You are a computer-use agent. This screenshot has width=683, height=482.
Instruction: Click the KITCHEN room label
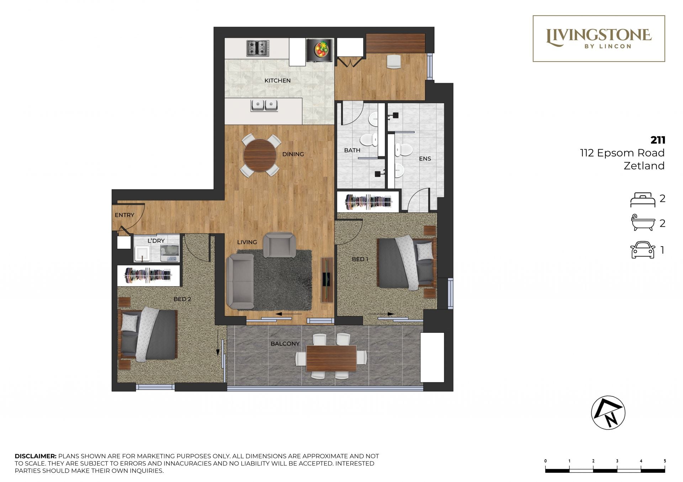tap(277, 81)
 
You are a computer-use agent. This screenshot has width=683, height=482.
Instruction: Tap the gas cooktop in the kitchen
tap(258, 48)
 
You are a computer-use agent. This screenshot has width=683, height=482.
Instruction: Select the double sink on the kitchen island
tap(264, 106)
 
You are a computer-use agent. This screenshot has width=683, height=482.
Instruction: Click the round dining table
tap(260, 155)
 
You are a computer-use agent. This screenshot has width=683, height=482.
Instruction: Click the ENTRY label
tap(125, 215)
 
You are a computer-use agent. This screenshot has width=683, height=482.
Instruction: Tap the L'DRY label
tap(156, 241)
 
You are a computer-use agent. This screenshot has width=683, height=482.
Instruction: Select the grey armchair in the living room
tap(279, 245)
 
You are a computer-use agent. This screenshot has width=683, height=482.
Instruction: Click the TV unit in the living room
tap(327, 279)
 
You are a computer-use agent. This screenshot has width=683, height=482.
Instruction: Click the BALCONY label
tap(285, 344)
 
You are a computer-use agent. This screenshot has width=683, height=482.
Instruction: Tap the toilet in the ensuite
tap(403, 149)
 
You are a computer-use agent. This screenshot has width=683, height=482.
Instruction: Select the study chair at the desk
tap(394, 61)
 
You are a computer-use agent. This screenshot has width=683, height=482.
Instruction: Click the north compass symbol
tap(608, 413)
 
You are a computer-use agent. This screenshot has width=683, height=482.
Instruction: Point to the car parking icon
tap(642, 250)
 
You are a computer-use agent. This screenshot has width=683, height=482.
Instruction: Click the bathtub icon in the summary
tap(643, 223)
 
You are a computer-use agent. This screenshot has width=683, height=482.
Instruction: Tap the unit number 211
tap(658, 140)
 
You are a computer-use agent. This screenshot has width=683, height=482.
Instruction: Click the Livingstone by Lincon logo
tap(599, 38)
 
